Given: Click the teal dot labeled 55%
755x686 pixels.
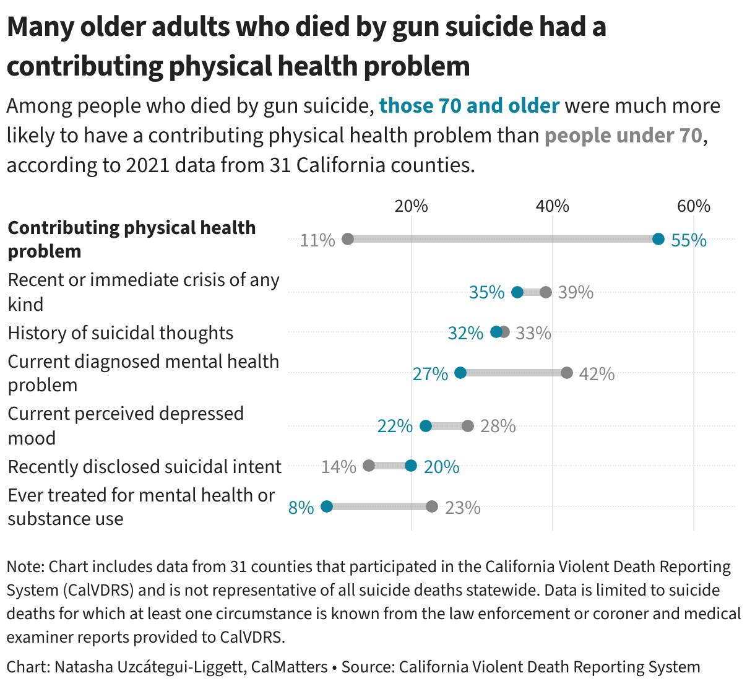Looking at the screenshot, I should pyautogui.click(x=658, y=239).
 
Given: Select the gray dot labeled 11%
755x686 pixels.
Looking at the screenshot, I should pyautogui.click(x=348, y=239).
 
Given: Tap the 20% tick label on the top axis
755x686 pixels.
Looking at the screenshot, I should pyautogui.click(x=412, y=206).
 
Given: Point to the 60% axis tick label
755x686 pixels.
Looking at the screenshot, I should pyautogui.click(x=693, y=206).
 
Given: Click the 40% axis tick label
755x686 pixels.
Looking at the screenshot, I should pyautogui.click(x=553, y=206).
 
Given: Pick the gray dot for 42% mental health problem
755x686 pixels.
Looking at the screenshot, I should pyautogui.click(x=566, y=373).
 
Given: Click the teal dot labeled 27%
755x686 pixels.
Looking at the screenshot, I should pyautogui.click(x=460, y=373).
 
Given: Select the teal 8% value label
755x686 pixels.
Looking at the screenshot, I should pyautogui.click(x=301, y=508).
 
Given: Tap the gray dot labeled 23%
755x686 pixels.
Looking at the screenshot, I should pyautogui.click(x=432, y=506).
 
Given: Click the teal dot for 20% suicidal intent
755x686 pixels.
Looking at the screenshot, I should pyautogui.click(x=411, y=466).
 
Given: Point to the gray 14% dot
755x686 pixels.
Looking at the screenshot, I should pyautogui.click(x=369, y=466).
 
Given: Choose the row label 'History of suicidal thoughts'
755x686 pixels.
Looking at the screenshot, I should pyautogui.click(x=121, y=333).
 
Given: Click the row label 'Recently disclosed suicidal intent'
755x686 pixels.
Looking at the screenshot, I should pyautogui.click(x=144, y=466).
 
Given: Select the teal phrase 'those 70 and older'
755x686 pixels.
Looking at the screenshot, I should pyautogui.click(x=469, y=106).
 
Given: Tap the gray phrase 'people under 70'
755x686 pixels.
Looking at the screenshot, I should pyautogui.click(x=623, y=136).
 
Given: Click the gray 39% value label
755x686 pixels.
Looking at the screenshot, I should pyautogui.click(x=576, y=292).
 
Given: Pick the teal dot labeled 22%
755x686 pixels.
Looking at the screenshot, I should pyautogui.click(x=426, y=426).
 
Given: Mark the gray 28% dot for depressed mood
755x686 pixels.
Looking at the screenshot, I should pyautogui.click(x=468, y=426).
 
